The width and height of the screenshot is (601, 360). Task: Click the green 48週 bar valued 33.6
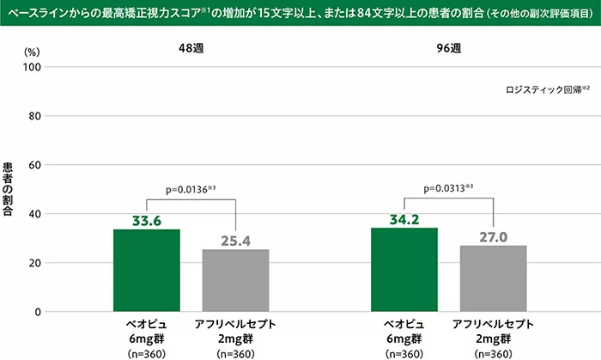tap(147, 271)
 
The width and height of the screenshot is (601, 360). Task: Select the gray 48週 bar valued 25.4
tap(235, 280)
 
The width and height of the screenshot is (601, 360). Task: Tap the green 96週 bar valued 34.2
tap(404, 270)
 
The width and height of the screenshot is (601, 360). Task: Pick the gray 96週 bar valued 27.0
tap(493, 278)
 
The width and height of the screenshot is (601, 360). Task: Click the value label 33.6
tap(147, 220)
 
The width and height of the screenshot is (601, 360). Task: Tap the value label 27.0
tap(493, 236)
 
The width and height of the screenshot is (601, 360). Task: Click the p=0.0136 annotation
tap(190, 190)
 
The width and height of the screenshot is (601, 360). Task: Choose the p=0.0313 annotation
tap(450, 190)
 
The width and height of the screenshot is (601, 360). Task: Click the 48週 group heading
tap(190, 49)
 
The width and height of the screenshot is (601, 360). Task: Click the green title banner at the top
tap(300, 14)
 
